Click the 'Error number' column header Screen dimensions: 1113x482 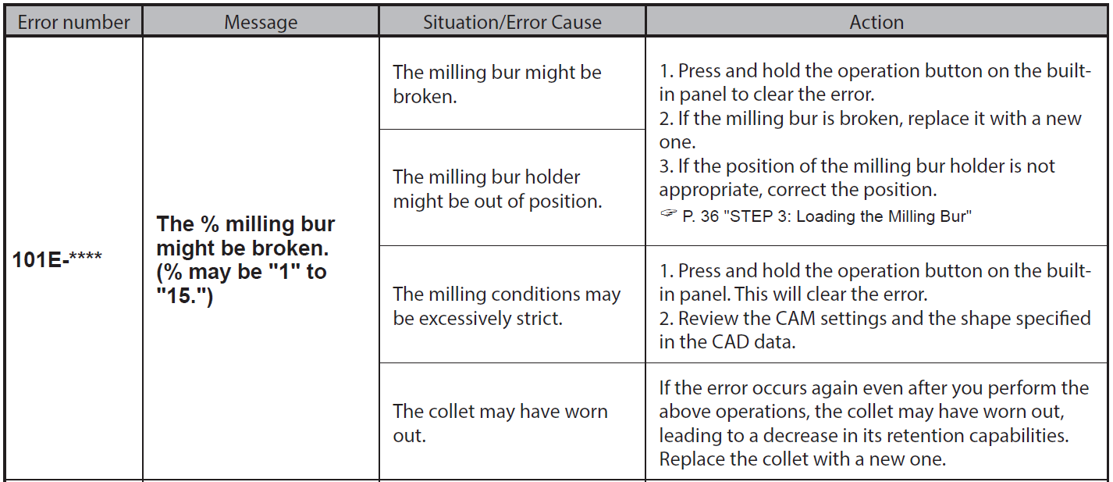pyautogui.click(x=73, y=23)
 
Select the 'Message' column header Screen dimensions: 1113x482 pyautogui.click(x=261, y=23)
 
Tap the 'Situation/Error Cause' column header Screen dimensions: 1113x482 pyautogui.click(x=512, y=23)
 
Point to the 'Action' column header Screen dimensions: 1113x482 pyautogui.click(x=877, y=23)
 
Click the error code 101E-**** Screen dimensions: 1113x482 pyautogui.click(x=57, y=259)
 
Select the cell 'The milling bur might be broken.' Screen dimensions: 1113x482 pyautogui.click(x=497, y=84)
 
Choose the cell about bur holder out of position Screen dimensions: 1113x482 pyautogui.click(x=497, y=189)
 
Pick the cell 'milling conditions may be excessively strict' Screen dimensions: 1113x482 pyautogui.click(x=507, y=306)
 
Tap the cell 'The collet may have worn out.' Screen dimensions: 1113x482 pyautogui.click(x=500, y=423)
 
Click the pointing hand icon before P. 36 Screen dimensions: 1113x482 pyautogui.click(x=668, y=213)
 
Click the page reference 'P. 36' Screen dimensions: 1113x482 pyautogui.click(x=701, y=216)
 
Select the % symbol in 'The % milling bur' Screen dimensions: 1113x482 pyautogui.click(x=210, y=224)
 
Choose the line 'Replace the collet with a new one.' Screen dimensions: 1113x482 pyautogui.click(x=802, y=459)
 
